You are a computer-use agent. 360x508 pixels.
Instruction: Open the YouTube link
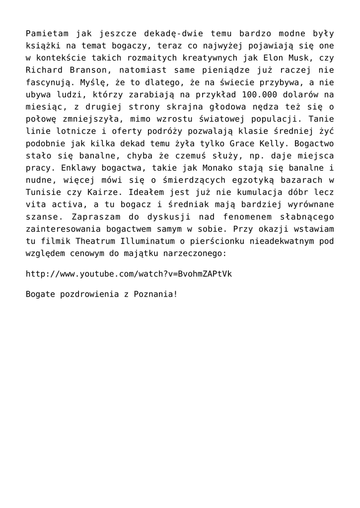tap(129, 274)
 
